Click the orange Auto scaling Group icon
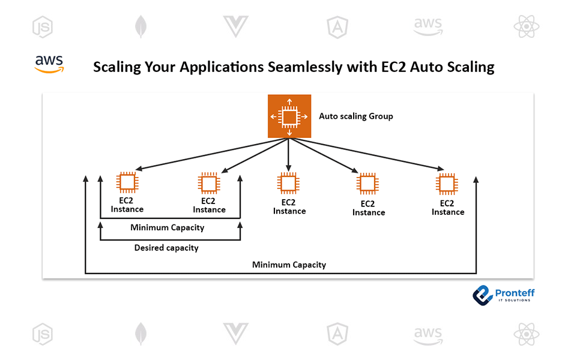click(289, 116)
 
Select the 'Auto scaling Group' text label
click(355, 116)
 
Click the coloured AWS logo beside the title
click(49, 64)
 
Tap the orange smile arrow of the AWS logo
click(49, 70)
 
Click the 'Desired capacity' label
click(166, 247)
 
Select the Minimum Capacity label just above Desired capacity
click(167, 227)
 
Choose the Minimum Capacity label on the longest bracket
click(289, 265)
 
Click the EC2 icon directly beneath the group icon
click(289, 182)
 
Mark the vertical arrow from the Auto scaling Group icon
click(289, 154)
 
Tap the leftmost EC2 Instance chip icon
click(127, 182)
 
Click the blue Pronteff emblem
click(482, 293)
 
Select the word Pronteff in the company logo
click(515, 292)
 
